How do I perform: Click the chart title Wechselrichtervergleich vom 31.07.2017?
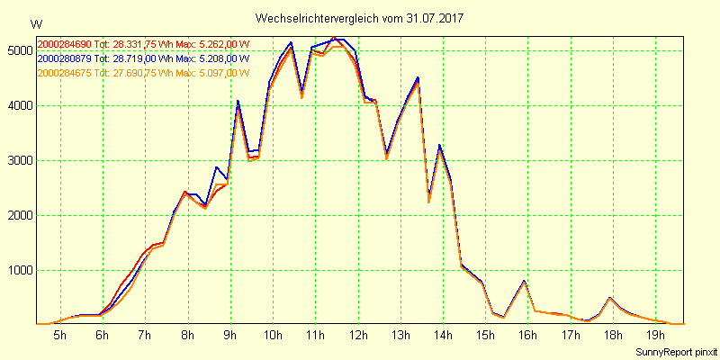[359, 18]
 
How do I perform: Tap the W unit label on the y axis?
[35, 23]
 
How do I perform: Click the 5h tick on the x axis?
[59, 336]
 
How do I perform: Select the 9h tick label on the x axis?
[230, 336]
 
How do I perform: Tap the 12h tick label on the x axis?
[358, 336]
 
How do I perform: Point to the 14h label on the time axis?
[444, 336]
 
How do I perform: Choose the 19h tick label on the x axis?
[656, 336]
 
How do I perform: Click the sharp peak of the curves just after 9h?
[238, 102]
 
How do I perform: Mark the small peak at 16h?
[525, 282]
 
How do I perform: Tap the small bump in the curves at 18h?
[610, 297]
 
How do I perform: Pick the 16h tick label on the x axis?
[528, 336]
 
